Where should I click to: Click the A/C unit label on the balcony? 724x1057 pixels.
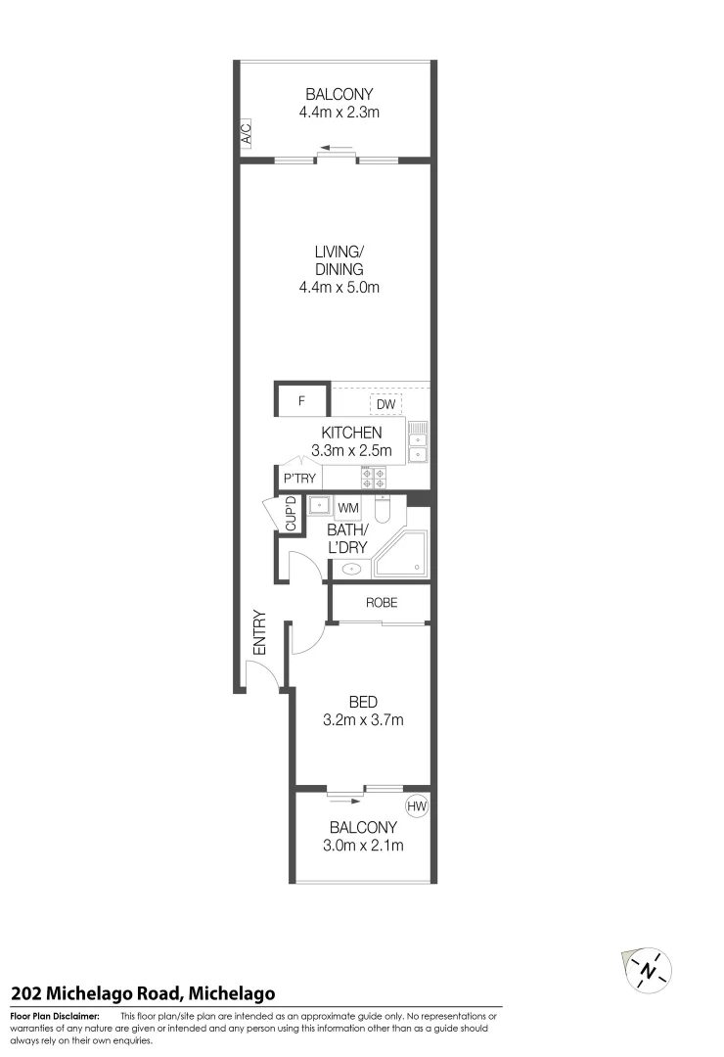(x=247, y=133)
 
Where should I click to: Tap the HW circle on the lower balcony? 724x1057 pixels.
(x=418, y=806)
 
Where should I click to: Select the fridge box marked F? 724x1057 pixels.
(x=302, y=401)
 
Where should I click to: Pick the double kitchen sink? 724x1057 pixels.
(x=419, y=440)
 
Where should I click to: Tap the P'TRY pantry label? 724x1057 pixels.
(x=299, y=479)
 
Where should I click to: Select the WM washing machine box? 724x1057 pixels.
(x=348, y=508)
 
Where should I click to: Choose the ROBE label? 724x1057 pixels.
(x=382, y=603)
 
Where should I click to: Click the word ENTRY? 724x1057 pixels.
(x=260, y=632)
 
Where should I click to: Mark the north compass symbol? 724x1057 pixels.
(x=648, y=969)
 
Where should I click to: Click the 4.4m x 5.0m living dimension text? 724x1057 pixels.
(x=339, y=288)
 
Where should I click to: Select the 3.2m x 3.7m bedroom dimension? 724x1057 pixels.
(x=363, y=720)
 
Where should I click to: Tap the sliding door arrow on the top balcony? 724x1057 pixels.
(x=336, y=151)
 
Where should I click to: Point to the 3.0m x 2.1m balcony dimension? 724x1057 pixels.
(x=363, y=846)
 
